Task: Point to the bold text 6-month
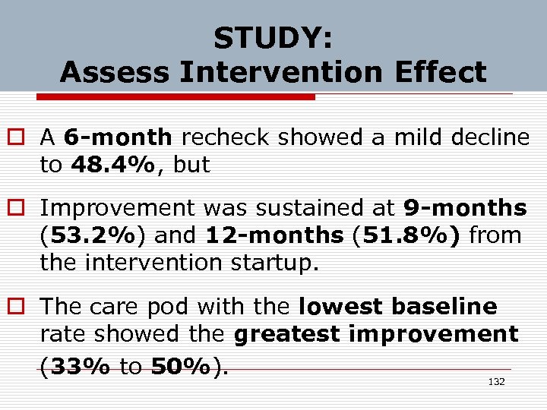118,137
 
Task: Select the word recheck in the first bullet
226,137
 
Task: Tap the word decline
490,137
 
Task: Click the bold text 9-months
464,207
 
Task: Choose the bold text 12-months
274,235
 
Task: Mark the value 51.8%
411,235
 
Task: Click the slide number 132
496,382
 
